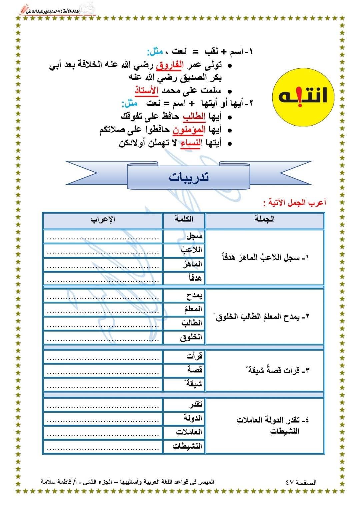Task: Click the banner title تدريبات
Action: (x=188, y=177)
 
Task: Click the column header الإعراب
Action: (x=103, y=219)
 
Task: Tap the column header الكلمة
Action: (x=184, y=219)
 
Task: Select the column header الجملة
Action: (x=265, y=219)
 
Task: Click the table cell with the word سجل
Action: (x=184, y=236)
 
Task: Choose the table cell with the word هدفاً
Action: (x=184, y=278)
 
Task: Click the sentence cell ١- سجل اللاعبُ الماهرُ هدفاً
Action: (x=265, y=257)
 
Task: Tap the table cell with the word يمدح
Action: (x=184, y=295)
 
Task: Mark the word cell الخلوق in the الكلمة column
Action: (x=184, y=337)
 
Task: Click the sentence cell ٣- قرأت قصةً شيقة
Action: (x=265, y=370)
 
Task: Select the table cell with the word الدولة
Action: (x=184, y=418)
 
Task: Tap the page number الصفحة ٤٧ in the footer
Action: (x=301, y=482)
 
